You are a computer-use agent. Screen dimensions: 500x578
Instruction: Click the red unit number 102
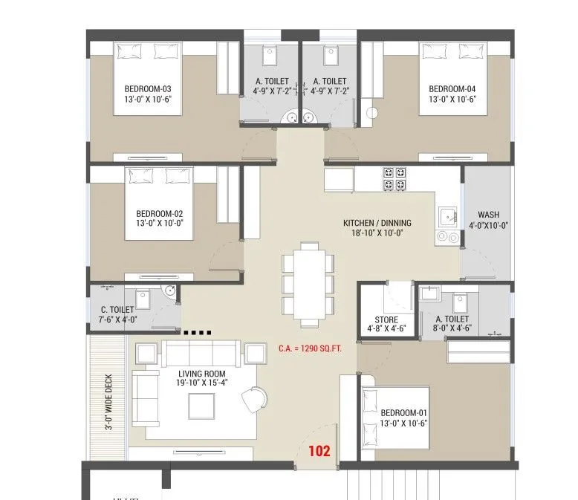[x=319, y=450]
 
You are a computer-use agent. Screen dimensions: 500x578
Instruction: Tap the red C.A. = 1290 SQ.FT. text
[x=310, y=348]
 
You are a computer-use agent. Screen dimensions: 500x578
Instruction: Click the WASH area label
[x=488, y=215]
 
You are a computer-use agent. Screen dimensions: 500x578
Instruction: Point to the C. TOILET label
[x=117, y=310]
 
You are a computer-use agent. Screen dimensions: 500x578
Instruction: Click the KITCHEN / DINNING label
[x=377, y=223]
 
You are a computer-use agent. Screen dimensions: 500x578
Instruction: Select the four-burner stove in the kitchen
[x=394, y=179]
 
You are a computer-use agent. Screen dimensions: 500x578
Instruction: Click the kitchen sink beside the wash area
[x=447, y=217]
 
